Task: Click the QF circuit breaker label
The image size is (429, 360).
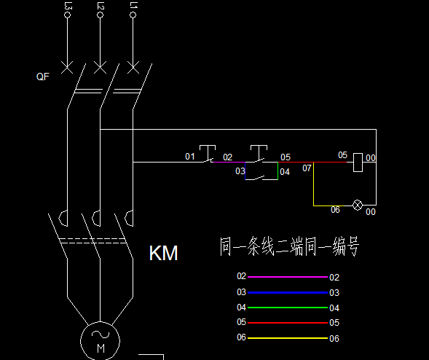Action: tap(43, 77)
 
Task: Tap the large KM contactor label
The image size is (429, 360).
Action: tap(164, 253)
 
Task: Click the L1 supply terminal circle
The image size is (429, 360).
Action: tap(133, 15)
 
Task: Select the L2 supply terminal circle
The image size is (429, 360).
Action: tap(100, 15)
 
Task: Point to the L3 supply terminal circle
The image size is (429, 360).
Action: tap(67, 15)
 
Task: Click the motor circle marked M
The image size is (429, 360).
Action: tap(81, 341)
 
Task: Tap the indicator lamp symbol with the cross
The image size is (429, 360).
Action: tap(358, 205)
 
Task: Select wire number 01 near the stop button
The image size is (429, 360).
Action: tap(190, 157)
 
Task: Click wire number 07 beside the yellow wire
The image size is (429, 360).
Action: tap(307, 168)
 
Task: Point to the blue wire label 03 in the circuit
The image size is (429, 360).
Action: tap(240, 171)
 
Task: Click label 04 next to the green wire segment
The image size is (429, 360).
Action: tap(285, 172)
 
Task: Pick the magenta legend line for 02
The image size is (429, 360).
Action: tap(288, 277)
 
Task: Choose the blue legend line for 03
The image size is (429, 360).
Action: tap(288, 293)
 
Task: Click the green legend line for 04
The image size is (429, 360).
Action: tap(288, 308)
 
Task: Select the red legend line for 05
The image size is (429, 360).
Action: tap(288, 323)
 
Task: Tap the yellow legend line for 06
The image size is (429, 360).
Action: tap(288, 338)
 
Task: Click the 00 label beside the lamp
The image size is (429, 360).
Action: tap(371, 212)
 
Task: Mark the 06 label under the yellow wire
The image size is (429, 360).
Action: tap(335, 210)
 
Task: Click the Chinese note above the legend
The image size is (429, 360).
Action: tap(289, 246)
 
